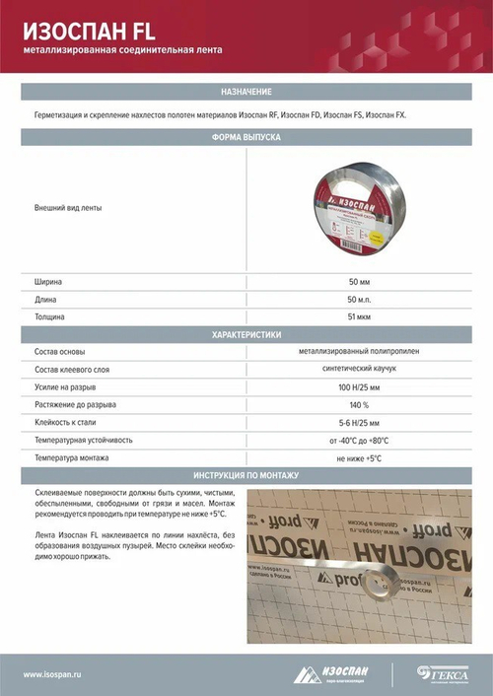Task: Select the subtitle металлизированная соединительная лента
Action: click(x=123, y=49)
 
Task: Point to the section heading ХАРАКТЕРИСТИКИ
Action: click(x=246, y=335)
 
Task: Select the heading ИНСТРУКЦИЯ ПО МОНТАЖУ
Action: click(x=246, y=475)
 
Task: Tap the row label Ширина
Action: click(x=48, y=282)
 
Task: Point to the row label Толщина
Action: click(x=50, y=317)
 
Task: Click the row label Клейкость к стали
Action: click(x=65, y=423)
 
